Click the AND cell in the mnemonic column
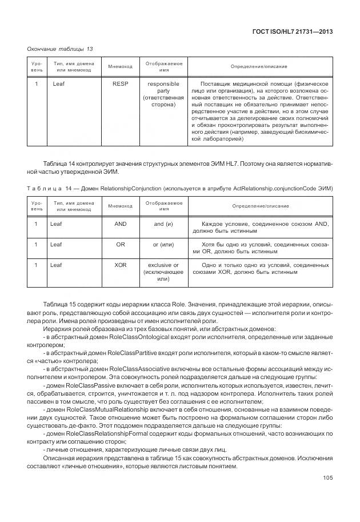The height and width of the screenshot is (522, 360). [121, 224]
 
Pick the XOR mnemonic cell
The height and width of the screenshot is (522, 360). [121, 265]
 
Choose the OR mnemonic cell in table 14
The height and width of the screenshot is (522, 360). [121, 245]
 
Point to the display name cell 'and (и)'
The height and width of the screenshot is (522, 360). [163, 224]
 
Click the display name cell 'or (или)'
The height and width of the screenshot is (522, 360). [163, 245]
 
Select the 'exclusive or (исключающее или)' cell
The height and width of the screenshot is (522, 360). [163, 272]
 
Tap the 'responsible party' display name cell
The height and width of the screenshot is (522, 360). [163, 94]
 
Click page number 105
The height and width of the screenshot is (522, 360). [327, 478]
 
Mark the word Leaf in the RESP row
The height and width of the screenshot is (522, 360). [59, 84]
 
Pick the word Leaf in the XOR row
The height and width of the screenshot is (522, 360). [56, 265]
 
